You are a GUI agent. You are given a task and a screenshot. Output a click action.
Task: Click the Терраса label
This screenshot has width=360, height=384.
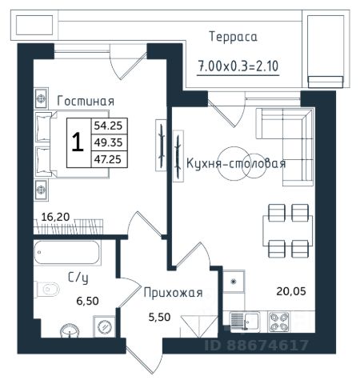click(x=233, y=37)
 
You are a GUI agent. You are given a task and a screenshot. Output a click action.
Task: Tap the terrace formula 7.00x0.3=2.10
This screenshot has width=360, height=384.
click(x=238, y=66)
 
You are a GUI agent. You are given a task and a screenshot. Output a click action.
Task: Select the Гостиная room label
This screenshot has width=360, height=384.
click(x=86, y=101)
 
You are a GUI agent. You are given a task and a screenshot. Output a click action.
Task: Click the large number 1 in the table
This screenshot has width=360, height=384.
click(x=78, y=142)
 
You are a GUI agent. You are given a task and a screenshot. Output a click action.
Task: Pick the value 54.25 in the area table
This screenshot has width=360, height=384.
click(x=108, y=126)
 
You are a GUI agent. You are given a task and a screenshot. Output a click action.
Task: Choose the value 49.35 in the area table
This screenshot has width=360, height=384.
click(x=108, y=142)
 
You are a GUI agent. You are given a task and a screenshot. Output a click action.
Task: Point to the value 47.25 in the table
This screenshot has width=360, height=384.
click(x=108, y=159)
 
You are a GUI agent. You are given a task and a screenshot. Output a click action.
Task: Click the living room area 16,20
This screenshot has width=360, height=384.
click(x=55, y=217)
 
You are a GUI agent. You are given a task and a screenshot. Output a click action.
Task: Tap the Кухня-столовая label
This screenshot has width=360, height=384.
click(x=236, y=163)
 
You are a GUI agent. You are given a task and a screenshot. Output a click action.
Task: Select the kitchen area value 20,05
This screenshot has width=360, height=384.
click(x=291, y=291)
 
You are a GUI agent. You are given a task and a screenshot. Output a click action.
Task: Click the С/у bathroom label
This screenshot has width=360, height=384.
click(x=78, y=278)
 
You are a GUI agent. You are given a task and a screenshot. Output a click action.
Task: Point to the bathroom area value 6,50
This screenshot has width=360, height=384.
click(x=87, y=301)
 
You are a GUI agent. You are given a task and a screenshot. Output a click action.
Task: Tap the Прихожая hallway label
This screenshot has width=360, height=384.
click(x=173, y=293)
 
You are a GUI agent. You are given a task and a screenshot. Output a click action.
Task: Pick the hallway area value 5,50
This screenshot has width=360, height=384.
click(x=159, y=317)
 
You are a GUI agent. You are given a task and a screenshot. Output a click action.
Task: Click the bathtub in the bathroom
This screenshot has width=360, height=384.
click(x=66, y=253)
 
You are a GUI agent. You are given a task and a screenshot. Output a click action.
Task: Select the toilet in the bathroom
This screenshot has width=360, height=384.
click(x=46, y=289)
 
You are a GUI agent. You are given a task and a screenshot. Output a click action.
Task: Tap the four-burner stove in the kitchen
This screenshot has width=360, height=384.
click(x=279, y=322)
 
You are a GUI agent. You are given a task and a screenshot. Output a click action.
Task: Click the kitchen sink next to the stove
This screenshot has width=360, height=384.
click(x=245, y=322)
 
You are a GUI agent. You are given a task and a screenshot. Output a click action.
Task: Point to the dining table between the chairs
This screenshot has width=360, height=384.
click(x=287, y=230)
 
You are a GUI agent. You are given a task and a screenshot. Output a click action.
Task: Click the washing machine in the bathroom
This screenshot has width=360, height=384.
click(x=104, y=326)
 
